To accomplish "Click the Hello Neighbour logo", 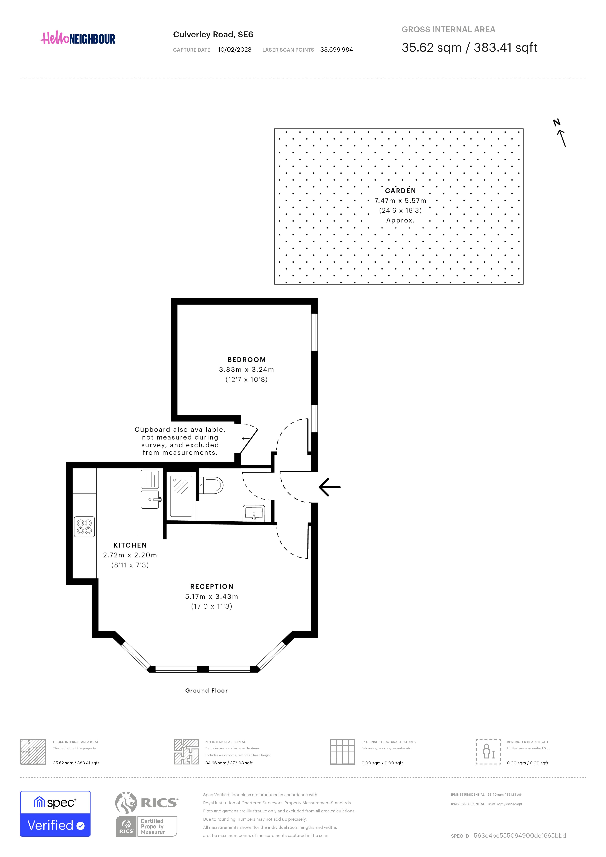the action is (78, 38).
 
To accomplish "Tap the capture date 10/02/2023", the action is (235, 50).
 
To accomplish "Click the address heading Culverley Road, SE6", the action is (213, 35).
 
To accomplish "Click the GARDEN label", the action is (400, 191).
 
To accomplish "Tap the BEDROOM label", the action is (247, 360).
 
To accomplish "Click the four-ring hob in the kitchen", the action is (84, 527).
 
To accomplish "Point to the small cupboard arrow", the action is (245, 438).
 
